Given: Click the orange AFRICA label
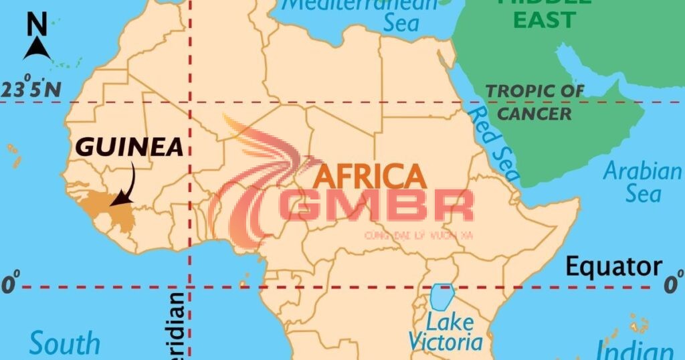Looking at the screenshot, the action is click(369, 176).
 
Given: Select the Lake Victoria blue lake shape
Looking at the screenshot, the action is click(442, 296).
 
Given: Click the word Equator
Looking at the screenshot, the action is click(614, 266).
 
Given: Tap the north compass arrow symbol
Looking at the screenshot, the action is click(37, 49).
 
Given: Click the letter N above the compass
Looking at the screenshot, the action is click(37, 25).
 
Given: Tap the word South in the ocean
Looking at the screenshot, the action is click(64, 344).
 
